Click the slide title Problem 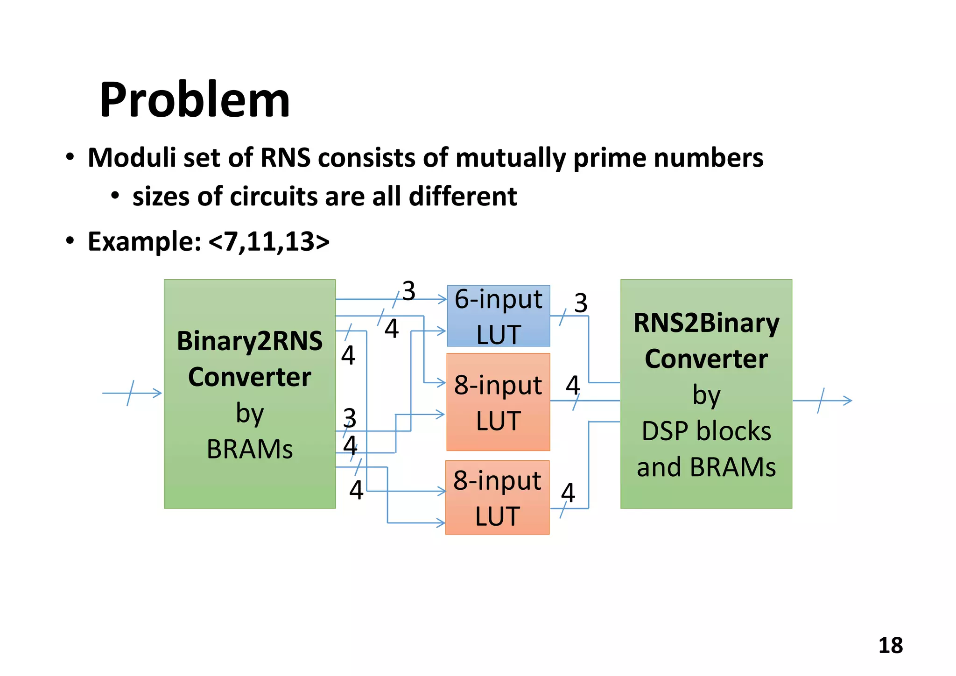tap(195, 100)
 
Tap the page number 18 tap(890, 646)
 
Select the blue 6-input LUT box tap(498, 316)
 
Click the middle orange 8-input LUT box tap(498, 402)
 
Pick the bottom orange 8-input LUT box tap(497, 498)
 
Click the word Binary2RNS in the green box tap(249, 341)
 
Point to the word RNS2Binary tap(706, 323)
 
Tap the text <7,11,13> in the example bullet tap(269, 241)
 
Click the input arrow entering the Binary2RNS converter tap(132, 393)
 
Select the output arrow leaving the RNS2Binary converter tap(822, 401)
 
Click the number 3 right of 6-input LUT tap(580, 303)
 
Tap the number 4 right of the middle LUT tap(573, 386)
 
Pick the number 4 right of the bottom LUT tap(568, 493)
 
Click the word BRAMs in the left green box tap(249, 450)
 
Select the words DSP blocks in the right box tap(706, 431)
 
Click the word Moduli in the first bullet tap(132, 157)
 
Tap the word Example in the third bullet tap(144, 241)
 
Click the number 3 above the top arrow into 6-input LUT tap(408, 291)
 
